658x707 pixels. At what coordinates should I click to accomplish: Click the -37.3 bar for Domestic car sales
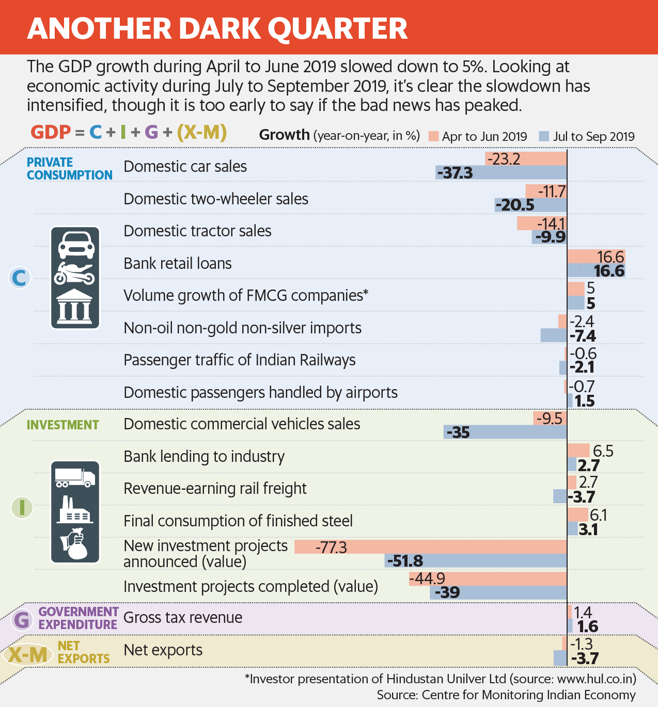click(x=501, y=172)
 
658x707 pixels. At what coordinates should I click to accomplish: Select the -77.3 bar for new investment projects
click(x=431, y=547)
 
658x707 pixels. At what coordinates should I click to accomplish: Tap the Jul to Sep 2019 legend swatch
click(x=543, y=136)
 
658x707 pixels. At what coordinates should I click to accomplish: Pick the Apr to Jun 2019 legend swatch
click(x=433, y=136)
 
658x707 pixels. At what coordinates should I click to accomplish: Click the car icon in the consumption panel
click(x=75, y=245)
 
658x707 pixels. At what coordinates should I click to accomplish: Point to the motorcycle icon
click(x=75, y=274)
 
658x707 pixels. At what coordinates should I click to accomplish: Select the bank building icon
click(x=75, y=306)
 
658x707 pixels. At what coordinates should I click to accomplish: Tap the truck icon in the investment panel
click(x=75, y=477)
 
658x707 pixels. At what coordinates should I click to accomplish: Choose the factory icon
click(x=75, y=510)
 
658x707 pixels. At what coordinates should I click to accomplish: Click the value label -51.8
click(x=405, y=561)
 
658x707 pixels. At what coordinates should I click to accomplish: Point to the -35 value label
click(x=458, y=432)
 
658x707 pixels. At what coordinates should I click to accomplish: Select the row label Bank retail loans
click(x=178, y=264)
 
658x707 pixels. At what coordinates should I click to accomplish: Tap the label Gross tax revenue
click(x=183, y=618)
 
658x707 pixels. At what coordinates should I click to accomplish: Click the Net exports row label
click(x=163, y=650)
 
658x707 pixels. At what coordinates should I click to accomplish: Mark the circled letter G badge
click(x=22, y=619)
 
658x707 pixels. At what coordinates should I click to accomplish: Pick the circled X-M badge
click(x=28, y=655)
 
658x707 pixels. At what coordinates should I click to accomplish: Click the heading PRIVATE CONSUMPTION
click(x=69, y=169)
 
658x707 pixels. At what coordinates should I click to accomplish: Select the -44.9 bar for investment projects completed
click(x=488, y=579)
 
